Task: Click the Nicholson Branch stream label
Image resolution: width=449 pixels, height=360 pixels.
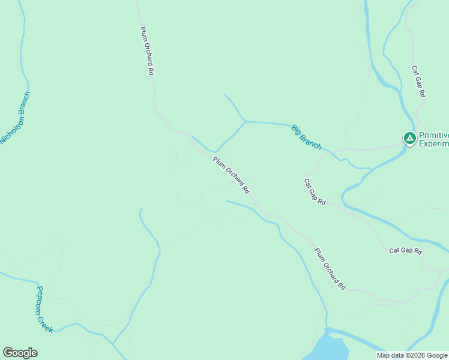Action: coord(15,118)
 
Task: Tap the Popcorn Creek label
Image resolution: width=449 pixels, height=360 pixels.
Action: coord(44,309)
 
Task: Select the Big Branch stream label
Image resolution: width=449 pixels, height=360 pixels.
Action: coord(306,137)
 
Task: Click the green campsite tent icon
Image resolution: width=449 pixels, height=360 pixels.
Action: coord(409,139)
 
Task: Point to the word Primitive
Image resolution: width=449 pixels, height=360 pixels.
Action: coord(433,135)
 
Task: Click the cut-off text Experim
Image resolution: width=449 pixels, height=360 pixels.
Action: coord(433,143)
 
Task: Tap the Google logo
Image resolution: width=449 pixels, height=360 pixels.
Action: coord(20,353)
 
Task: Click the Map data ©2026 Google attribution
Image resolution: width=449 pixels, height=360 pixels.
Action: coord(412,355)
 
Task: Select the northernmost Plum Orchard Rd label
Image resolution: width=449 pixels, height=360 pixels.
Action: coord(148,50)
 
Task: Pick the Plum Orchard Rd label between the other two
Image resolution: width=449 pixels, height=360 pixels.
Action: coord(231,175)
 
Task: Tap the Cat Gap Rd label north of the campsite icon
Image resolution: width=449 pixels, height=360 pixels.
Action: coord(418,82)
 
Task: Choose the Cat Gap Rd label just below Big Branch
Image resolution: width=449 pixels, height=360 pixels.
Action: coord(315,192)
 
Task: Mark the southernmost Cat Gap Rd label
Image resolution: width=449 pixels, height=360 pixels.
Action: coord(406,250)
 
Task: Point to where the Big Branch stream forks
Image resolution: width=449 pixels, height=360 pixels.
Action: coord(244,121)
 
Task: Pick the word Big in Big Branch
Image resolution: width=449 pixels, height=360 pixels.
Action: coord(296,128)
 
